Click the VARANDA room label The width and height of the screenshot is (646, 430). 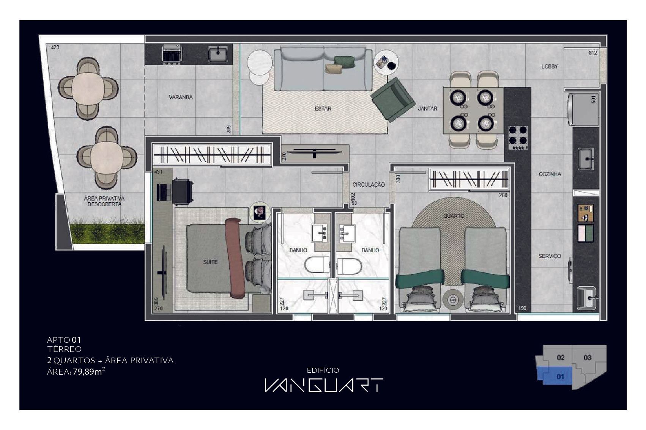[x=181, y=97]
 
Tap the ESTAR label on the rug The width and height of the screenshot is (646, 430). [x=323, y=109]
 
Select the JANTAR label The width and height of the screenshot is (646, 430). [x=428, y=109]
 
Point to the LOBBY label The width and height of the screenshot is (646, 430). [x=550, y=67]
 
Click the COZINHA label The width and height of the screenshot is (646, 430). [x=550, y=174]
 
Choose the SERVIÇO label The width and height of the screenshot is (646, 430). [x=550, y=256]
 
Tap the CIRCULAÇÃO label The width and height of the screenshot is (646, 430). [x=369, y=185]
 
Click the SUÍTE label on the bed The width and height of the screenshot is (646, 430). [x=210, y=262]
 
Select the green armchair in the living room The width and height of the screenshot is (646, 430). [x=393, y=99]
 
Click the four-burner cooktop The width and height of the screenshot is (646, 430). [x=518, y=138]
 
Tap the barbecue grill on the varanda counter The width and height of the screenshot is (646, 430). [x=172, y=54]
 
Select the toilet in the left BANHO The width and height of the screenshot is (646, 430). [x=317, y=265]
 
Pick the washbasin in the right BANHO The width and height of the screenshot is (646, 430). [x=347, y=233]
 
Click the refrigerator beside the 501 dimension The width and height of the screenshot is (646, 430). [x=583, y=110]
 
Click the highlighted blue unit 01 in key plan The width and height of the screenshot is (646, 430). [x=555, y=376]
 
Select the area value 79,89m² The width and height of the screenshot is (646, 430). [x=89, y=372]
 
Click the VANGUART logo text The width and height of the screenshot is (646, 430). [x=324, y=385]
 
